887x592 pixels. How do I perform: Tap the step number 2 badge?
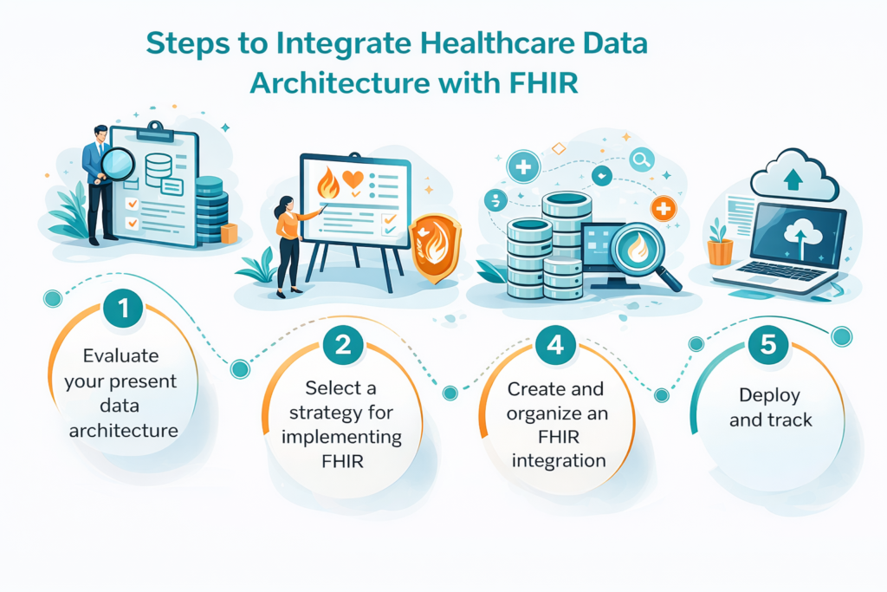(x=343, y=346)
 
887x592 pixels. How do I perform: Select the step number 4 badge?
(x=555, y=346)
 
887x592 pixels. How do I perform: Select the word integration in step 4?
(x=559, y=460)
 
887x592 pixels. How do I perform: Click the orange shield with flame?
(x=435, y=248)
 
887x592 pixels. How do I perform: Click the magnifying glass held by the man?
(x=118, y=163)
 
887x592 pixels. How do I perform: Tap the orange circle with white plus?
(x=664, y=208)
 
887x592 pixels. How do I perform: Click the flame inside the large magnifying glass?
(x=637, y=249)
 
